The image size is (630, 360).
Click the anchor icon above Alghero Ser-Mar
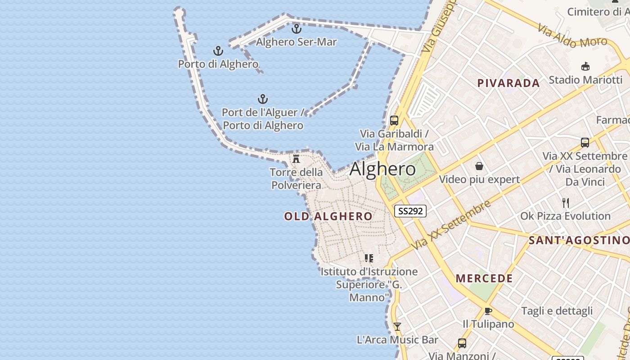tap(296, 29)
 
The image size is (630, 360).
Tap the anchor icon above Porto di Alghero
tap(218, 51)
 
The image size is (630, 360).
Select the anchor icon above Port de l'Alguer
tap(262, 99)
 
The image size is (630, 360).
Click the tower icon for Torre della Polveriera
tap(296, 159)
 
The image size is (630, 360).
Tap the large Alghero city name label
tap(382, 169)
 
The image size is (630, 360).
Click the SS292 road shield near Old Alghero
tap(410, 211)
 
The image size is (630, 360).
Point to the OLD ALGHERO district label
tap(328, 216)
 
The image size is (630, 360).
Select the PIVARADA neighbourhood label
tap(508, 83)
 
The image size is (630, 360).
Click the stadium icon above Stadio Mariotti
tap(585, 67)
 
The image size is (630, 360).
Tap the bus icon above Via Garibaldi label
tap(394, 121)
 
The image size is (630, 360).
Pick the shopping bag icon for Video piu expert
tap(479, 166)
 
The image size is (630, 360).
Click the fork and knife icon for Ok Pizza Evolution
tap(566, 203)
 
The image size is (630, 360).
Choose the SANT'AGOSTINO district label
tap(579, 240)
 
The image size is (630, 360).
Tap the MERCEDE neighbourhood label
tap(485, 279)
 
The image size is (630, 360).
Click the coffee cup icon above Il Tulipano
tap(488, 311)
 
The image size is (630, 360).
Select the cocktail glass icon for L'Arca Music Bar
tap(397, 327)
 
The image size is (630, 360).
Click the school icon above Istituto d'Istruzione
tap(369, 258)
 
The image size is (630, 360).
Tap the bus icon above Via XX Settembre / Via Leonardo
tap(585, 143)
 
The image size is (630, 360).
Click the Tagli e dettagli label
tap(557, 311)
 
